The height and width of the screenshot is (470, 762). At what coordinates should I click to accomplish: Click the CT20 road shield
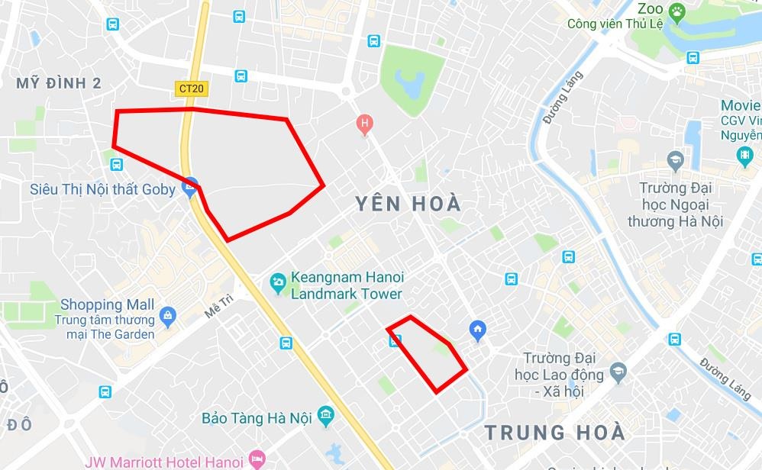[x=191, y=89]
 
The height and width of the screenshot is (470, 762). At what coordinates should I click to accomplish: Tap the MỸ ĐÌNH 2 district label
[x=59, y=83]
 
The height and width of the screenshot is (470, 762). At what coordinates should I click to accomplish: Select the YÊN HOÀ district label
[x=408, y=204]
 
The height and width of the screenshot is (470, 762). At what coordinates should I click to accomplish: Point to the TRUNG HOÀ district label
[x=555, y=433]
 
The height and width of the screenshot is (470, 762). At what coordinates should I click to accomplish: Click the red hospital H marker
[x=365, y=123]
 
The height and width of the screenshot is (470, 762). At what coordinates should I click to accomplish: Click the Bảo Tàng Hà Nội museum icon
[x=326, y=415]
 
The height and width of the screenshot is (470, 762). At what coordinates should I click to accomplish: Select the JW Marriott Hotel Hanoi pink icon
[x=257, y=460]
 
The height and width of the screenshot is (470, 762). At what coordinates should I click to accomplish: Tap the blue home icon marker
[x=478, y=330]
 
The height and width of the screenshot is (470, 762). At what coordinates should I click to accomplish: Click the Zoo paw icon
[x=676, y=11]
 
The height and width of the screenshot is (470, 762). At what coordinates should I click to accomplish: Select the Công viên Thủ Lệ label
[x=615, y=24]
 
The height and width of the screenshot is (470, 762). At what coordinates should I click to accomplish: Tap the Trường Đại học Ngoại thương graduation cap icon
[x=675, y=160]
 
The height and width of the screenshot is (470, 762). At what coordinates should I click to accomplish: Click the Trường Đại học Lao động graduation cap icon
[x=618, y=373]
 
